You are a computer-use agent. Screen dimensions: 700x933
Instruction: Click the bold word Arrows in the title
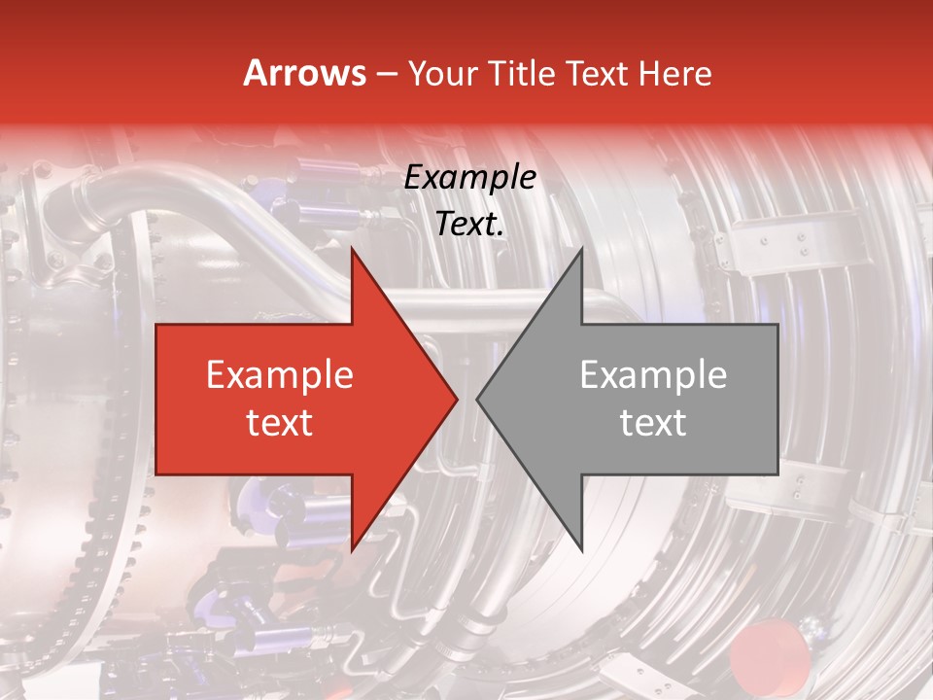(305, 73)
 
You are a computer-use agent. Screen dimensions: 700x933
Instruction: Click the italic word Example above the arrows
(469, 178)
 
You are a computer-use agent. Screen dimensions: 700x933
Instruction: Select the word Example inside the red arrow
(280, 375)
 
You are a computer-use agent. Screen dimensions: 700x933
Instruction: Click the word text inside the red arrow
(280, 423)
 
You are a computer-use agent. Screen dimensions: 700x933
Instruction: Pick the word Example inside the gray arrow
(653, 375)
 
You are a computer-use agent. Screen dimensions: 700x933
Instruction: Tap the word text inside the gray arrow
(653, 423)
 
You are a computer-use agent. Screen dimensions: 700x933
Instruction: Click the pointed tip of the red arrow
(456, 399)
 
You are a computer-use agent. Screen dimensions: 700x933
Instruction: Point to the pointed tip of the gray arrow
(478, 399)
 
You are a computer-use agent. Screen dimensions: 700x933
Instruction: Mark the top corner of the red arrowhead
(352, 249)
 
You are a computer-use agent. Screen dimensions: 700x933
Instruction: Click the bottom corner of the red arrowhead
(352, 549)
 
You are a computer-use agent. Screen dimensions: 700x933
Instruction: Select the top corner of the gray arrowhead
(581, 249)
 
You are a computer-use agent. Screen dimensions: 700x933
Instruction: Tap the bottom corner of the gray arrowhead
(581, 549)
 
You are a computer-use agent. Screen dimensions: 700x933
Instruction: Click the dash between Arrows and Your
(385, 75)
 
